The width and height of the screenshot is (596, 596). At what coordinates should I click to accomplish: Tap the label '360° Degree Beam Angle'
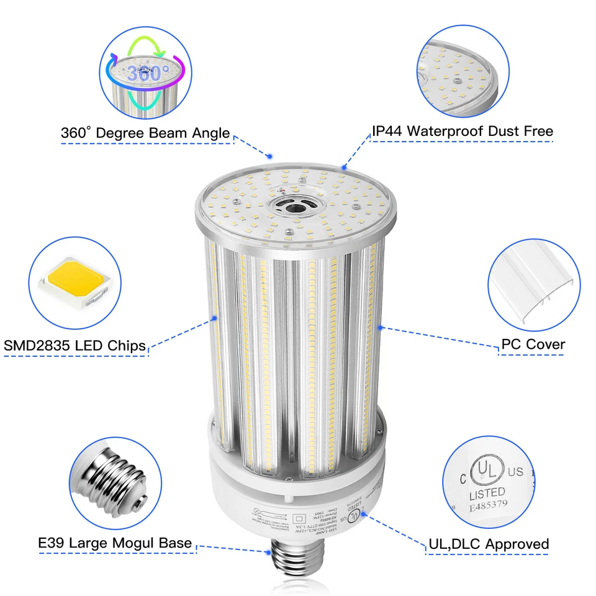(x=145, y=133)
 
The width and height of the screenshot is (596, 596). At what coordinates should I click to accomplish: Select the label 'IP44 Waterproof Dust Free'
(x=462, y=131)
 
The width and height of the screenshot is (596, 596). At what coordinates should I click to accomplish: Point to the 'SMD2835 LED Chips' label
(x=74, y=345)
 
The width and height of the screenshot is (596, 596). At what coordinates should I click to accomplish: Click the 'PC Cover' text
(x=533, y=344)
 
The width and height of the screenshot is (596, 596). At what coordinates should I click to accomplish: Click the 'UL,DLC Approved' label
(x=489, y=544)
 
